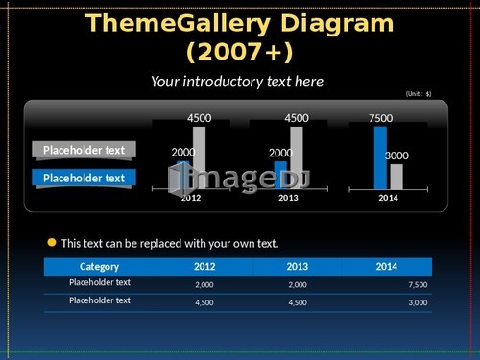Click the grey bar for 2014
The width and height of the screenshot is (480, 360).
point(396,177)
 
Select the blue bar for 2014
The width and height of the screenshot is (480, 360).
point(380,158)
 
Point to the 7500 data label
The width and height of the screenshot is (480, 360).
point(380,118)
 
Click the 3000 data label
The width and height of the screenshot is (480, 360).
point(396,156)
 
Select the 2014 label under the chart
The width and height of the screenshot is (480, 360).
point(388,198)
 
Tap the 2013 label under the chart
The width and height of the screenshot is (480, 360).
point(288,198)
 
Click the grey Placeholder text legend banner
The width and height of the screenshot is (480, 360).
point(84,150)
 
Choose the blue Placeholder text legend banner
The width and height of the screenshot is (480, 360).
point(84,178)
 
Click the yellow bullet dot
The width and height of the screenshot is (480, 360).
point(52,242)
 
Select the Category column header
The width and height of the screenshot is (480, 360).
point(99,267)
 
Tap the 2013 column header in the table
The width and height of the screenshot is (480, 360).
point(298,267)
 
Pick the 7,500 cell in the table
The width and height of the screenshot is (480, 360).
point(418,284)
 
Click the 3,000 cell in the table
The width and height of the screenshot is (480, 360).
point(418,302)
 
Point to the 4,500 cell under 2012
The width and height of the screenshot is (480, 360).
point(204,302)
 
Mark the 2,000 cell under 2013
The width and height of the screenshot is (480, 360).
point(298,284)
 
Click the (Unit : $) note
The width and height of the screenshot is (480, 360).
point(419,94)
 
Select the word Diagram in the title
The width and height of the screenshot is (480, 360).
point(337,23)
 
